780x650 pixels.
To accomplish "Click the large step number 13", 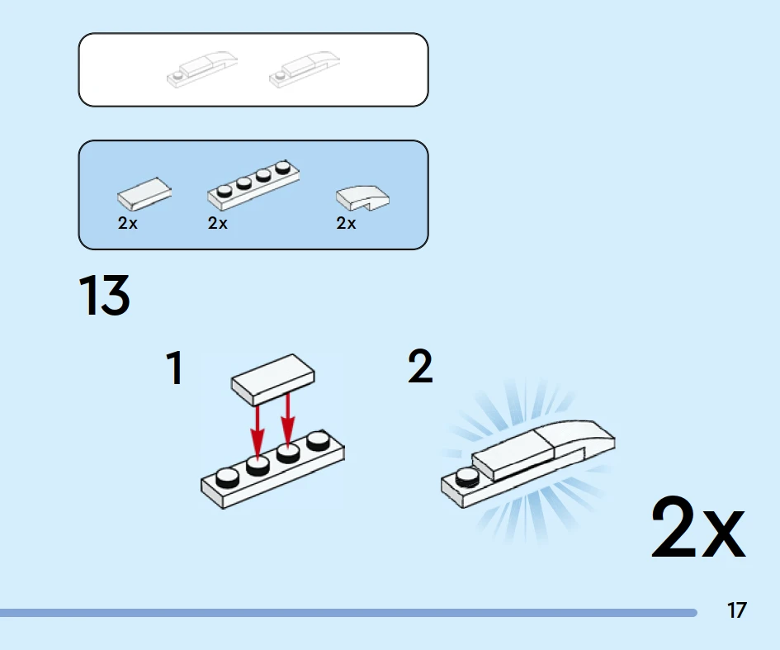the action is pyautogui.click(x=105, y=295).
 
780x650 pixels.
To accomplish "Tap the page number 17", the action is pyautogui.click(x=737, y=610).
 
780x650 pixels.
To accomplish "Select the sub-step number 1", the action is pyautogui.click(x=175, y=368).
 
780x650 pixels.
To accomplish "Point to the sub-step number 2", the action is pyautogui.click(x=420, y=366).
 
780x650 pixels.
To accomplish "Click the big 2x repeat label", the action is pyautogui.click(x=698, y=529).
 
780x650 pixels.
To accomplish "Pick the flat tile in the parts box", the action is pyautogui.click(x=144, y=193).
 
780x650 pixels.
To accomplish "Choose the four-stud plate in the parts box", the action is pyautogui.click(x=253, y=185).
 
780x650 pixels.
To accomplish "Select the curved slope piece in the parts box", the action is pyautogui.click(x=362, y=198).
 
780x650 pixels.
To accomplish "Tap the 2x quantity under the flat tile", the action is pyautogui.click(x=127, y=223).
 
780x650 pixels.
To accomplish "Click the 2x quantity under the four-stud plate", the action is pyautogui.click(x=217, y=223).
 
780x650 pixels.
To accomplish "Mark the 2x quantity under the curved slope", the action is pyautogui.click(x=346, y=223).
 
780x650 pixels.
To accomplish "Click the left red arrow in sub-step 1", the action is pyautogui.click(x=258, y=431).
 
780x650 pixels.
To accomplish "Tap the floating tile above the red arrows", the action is pyautogui.click(x=272, y=380).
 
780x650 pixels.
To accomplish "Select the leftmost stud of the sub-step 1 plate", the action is pyautogui.click(x=227, y=477).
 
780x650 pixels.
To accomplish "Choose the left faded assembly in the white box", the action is pyautogui.click(x=202, y=69).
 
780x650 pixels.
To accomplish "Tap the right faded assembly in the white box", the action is pyautogui.click(x=305, y=69).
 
